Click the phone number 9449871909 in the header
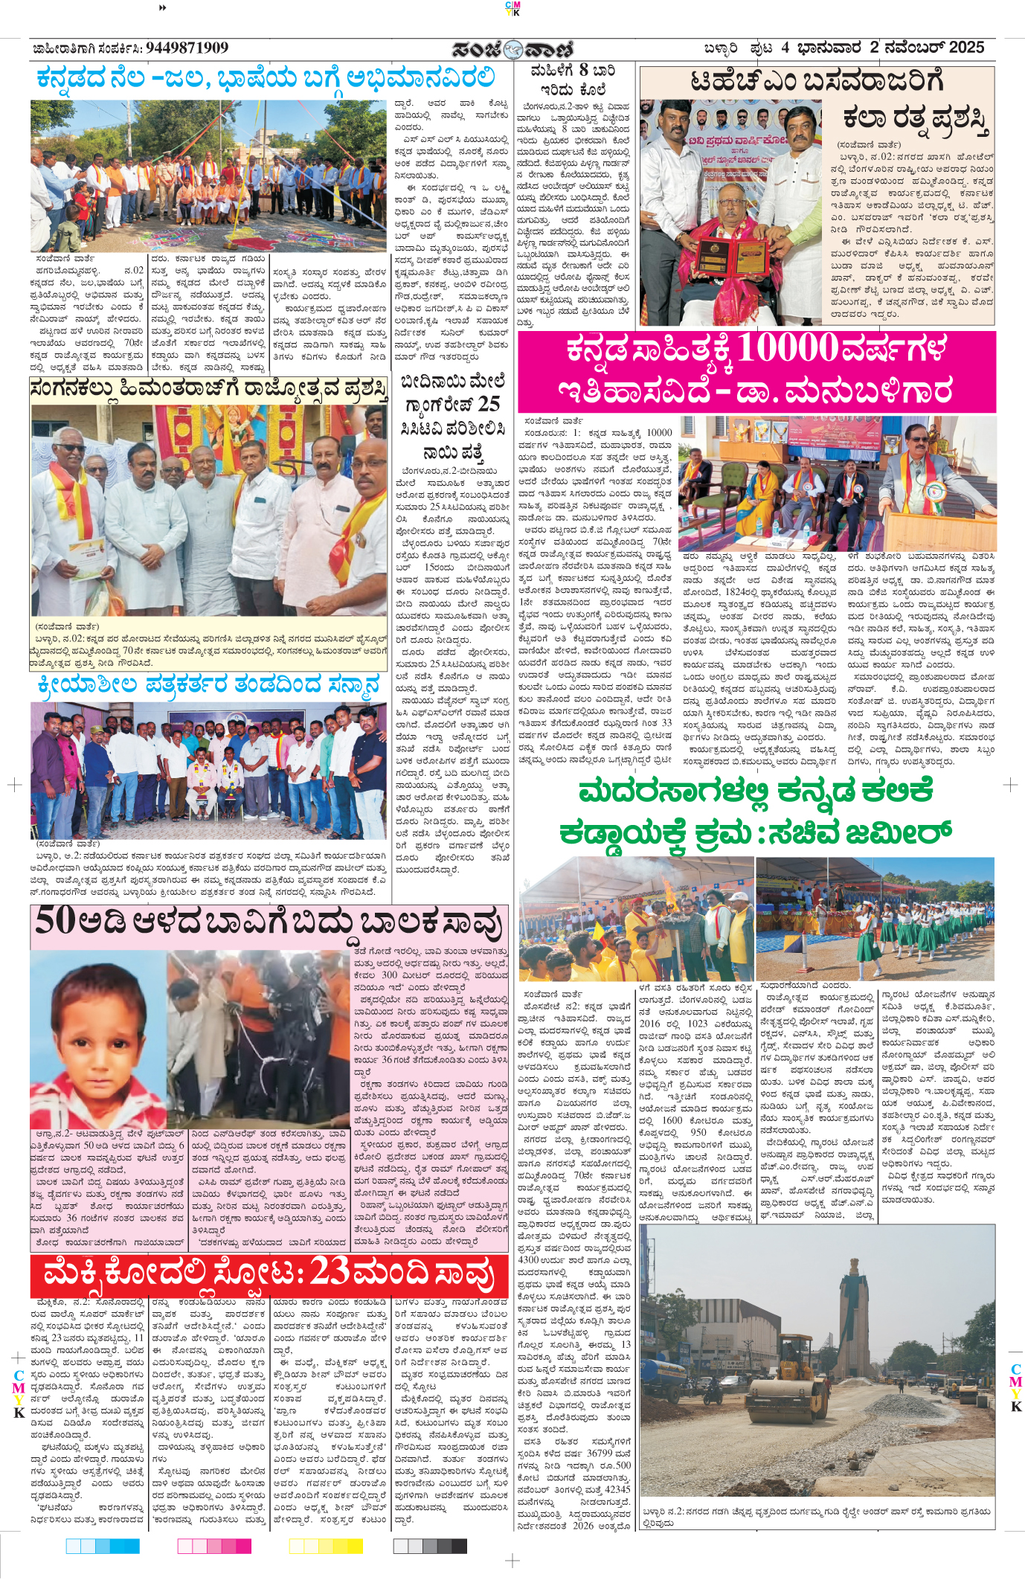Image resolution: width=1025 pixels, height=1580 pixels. pos(187,48)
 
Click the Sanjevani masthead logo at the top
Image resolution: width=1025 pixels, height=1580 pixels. pos(512,49)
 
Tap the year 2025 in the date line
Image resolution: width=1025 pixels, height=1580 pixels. pos(966,48)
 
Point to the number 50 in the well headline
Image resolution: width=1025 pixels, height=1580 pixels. pos(55,922)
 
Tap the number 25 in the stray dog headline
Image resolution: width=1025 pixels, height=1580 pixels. pos(489,404)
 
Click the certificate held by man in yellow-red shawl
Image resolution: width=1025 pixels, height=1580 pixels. pos(87,558)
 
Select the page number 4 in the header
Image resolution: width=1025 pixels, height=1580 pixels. pos(785,48)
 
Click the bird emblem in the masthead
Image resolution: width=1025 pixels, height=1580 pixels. pos(512,50)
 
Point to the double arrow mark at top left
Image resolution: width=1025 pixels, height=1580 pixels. pos(163,7)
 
